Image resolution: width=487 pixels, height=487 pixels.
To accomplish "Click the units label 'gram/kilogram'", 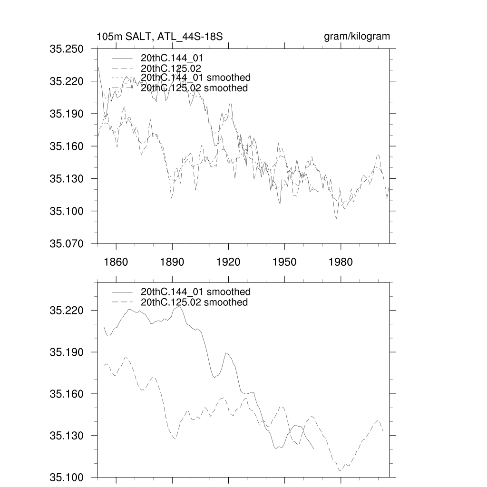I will pyautogui.click(x=357, y=37).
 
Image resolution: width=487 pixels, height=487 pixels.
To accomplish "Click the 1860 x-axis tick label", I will pyautogui.click(x=116, y=262).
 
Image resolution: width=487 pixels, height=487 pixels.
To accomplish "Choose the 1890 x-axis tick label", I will pyautogui.click(x=172, y=262).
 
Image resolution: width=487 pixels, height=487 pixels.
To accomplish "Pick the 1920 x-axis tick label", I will pyautogui.click(x=228, y=262).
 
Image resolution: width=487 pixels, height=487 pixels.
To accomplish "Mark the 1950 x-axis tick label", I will pyautogui.click(x=284, y=262).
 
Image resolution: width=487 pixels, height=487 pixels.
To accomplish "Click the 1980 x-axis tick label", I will pyautogui.click(x=341, y=262).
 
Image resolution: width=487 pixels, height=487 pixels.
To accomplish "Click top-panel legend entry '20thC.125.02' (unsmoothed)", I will pyautogui.click(x=168, y=68).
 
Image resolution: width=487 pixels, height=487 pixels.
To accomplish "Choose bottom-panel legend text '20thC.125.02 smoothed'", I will pyautogui.click(x=194, y=302).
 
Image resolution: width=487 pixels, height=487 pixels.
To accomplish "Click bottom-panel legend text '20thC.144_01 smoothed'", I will pyautogui.click(x=195, y=292).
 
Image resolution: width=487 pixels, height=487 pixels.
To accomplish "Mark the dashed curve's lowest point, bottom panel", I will pyautogui.click(x=340, y=471).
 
